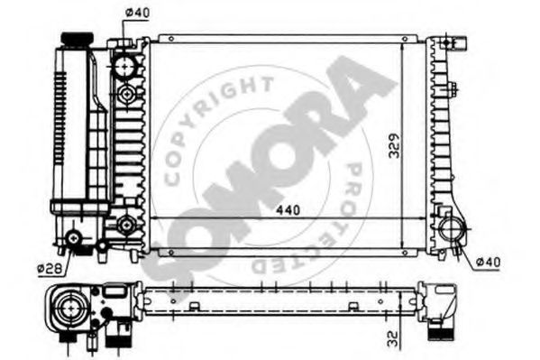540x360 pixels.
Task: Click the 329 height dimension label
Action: [x=395, y=145]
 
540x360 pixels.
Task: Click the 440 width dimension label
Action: [x=288, y=210]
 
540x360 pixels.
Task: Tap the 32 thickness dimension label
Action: [x=392, y=338]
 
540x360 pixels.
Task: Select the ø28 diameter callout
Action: [x=50, y=268]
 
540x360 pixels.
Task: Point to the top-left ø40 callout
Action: [x=137, y=13]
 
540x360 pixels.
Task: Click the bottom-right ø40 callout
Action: [x=488, y=262]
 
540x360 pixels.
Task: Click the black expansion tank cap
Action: [x=77, y=39]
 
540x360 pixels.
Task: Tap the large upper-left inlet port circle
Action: [x=124, y=66]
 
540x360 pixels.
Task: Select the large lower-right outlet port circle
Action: [x=453, y=229]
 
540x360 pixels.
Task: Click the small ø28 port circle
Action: [x=74, y=238]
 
